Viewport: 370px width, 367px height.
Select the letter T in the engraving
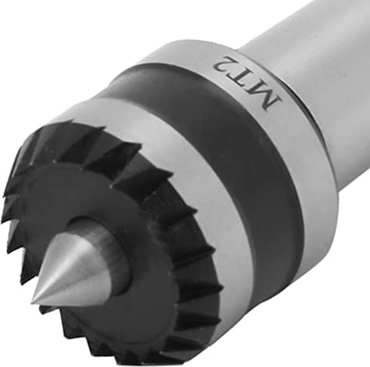pos(243,77)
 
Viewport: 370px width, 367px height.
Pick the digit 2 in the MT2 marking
pos(222,65)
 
